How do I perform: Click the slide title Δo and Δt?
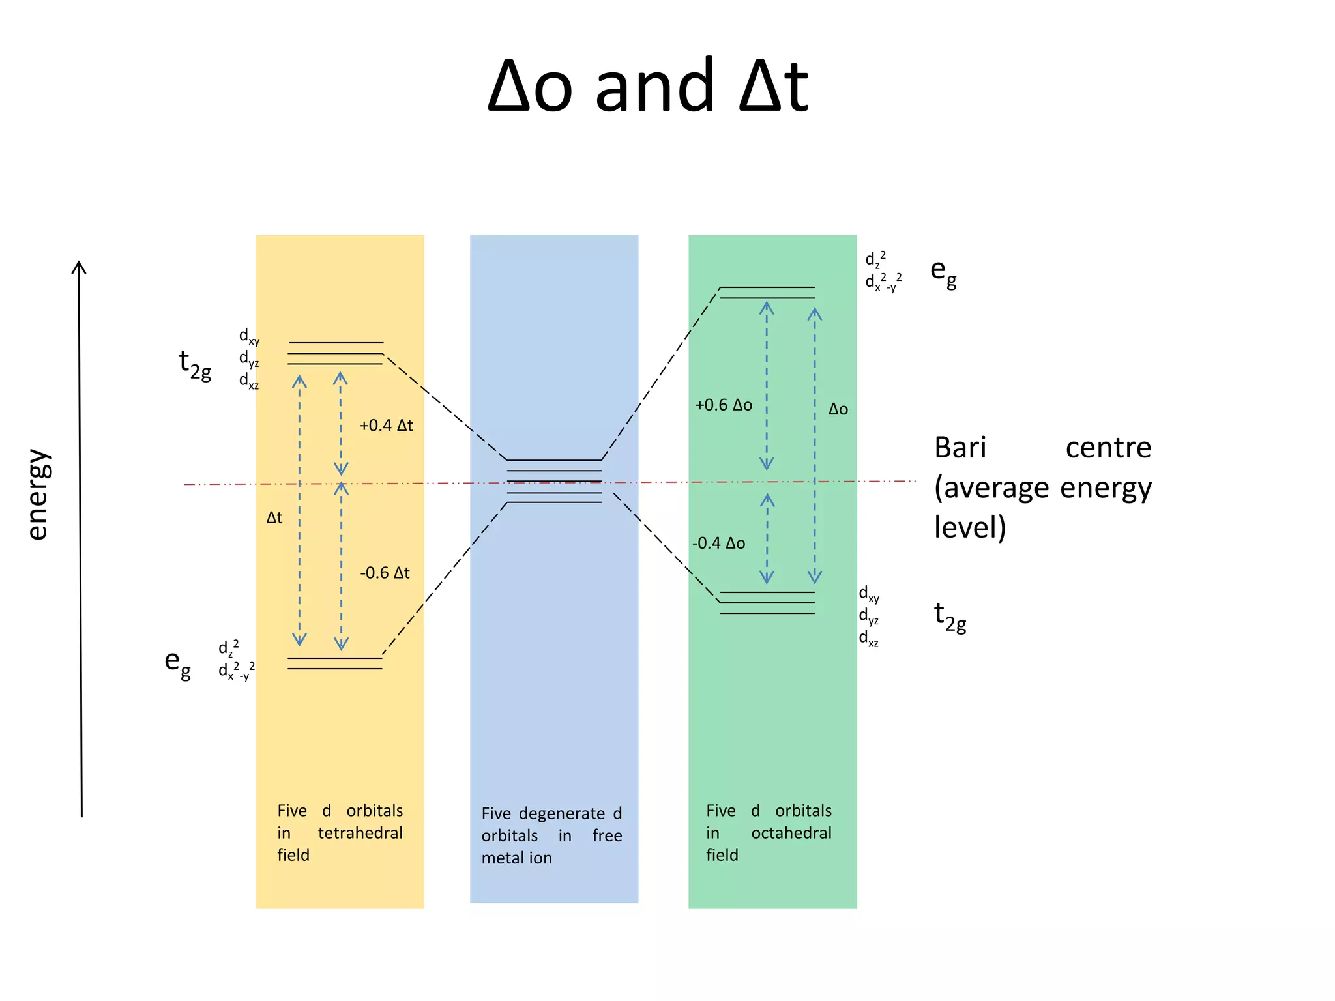[648, 86]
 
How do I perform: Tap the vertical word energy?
[38, 495]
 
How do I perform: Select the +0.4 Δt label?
[386, 426]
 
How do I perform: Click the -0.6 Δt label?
[385, 573]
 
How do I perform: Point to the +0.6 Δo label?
[724, 405]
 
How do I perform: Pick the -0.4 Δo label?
[718, 544]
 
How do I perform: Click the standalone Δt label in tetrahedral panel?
[274, 518]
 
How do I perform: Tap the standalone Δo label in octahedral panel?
[838, 409]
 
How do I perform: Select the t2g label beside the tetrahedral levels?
[195, 365]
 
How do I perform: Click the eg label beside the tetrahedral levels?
[177, 663]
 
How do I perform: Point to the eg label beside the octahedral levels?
[943, 272]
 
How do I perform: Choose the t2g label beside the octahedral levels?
[950, 617]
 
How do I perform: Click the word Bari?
[960, 448]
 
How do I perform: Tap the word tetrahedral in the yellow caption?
[360, 833]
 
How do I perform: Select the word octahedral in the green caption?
[791, 833]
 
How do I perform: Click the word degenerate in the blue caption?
[562, 814]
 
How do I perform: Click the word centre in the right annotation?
[1108, 448]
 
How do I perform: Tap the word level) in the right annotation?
[970, 528]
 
